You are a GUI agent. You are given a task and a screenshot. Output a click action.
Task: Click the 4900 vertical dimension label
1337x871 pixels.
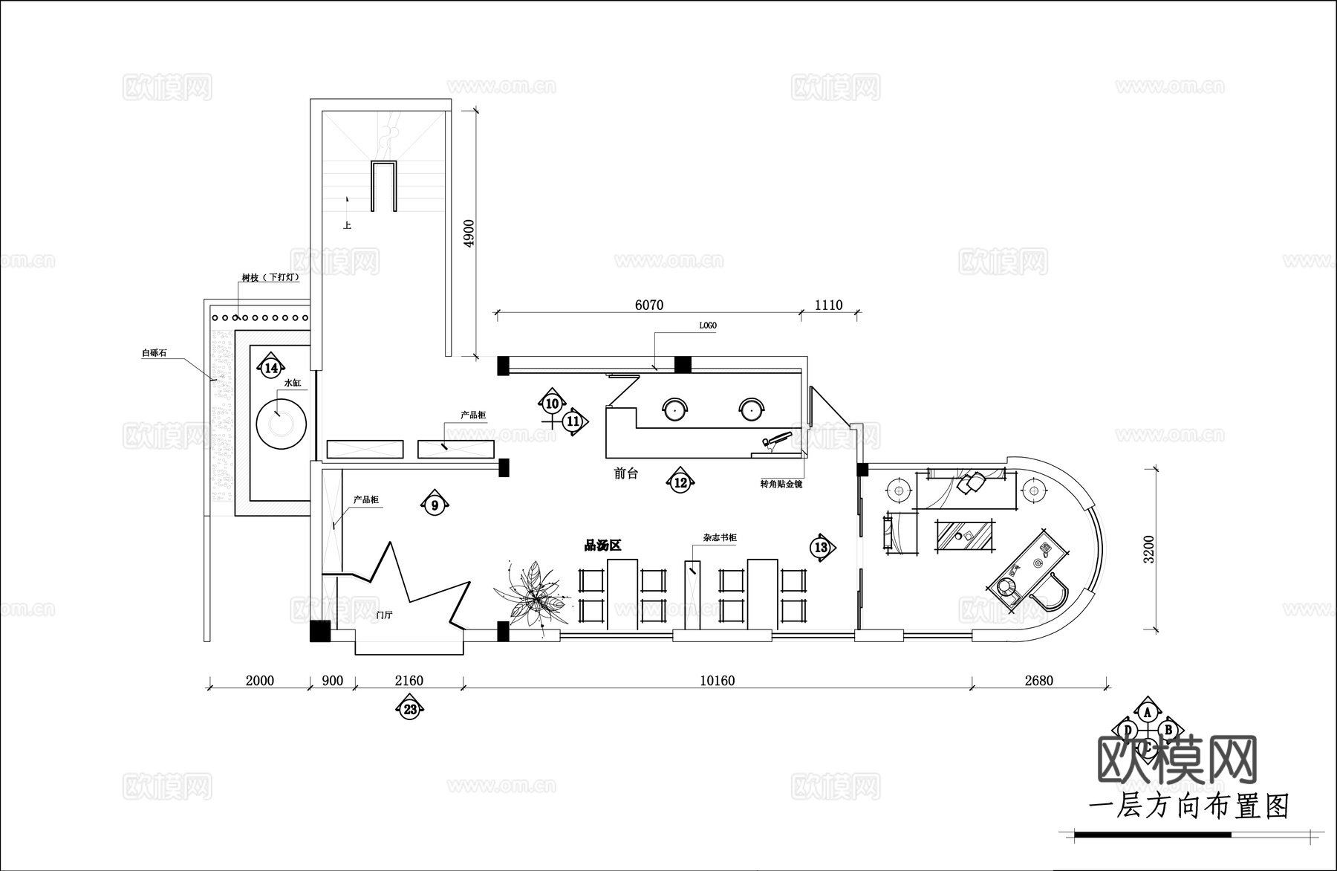(x=468, y=233)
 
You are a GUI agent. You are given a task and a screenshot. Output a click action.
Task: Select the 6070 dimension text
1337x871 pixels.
(x=648, y=305)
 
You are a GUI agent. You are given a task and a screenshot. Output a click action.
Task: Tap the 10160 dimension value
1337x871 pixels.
(x=717, y=681)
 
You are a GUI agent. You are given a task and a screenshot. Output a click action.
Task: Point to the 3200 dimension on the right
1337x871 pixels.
(x=1149, y=550)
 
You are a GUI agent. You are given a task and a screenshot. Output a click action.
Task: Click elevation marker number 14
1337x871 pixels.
(x=271, y=368)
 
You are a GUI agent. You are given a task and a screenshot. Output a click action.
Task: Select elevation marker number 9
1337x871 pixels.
(x=435, y=505)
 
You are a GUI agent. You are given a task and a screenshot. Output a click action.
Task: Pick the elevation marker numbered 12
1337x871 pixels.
(x=680, y=483)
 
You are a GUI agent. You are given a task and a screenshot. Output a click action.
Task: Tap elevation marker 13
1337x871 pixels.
(x=821, y=548)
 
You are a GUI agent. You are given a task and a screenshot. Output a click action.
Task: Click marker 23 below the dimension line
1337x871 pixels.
(x=410, y=710)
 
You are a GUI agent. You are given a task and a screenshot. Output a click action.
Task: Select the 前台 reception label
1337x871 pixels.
(x=625, y=473)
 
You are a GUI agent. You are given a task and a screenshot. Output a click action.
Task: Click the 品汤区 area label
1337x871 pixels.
(x=602, y=546)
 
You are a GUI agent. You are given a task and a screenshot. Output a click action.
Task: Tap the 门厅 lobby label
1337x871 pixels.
(x=384, y=615)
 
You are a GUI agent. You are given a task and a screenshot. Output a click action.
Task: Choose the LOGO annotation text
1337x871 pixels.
(x=708, y=326)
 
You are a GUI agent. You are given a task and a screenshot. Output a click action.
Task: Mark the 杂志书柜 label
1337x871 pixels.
(x=720, y=537)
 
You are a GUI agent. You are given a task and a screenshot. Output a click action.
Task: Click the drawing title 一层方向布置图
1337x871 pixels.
(x=1188, y=807)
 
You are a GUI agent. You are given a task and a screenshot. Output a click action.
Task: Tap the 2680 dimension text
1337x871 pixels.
(x=1038, y=681)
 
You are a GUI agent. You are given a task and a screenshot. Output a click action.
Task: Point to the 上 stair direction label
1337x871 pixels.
(x=347, y=225)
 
